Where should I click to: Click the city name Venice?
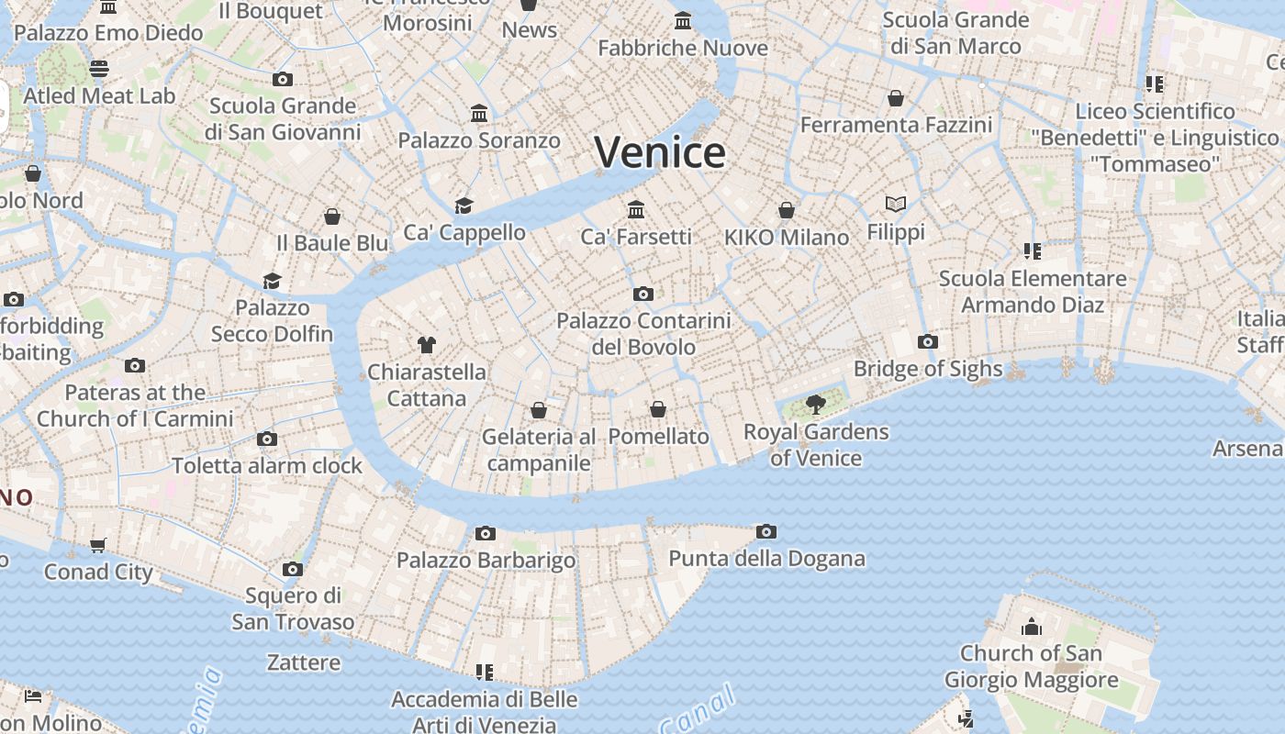tap(660, 152)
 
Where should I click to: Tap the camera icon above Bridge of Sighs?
tap(927, 342)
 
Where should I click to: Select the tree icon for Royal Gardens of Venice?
tap(815, 404)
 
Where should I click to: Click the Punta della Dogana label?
tap(766, 558)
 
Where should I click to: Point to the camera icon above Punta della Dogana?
tap(766, 531)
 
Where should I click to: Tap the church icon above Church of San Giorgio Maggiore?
tap(1032, 627)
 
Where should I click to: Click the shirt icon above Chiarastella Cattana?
tap(426, 345)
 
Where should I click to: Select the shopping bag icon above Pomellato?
tap(658, 409)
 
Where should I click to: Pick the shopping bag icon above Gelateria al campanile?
tap(539, 409)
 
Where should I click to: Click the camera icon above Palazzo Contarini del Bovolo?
tap(643, 295)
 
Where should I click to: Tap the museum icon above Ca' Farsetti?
tap(636, 210)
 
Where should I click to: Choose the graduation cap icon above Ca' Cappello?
tap(464, 206)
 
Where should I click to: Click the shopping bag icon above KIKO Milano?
tap(787, 210)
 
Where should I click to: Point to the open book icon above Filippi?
tap(896, 205)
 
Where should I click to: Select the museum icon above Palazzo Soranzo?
tap(479, 114)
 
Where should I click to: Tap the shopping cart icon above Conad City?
tap(98, 545)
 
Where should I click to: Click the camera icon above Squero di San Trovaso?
tap(293, 569)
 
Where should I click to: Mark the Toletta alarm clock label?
tap(267, 465)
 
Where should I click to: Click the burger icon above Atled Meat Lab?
tap(99, 69)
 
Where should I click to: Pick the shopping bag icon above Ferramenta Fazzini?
tap(896, 97)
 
